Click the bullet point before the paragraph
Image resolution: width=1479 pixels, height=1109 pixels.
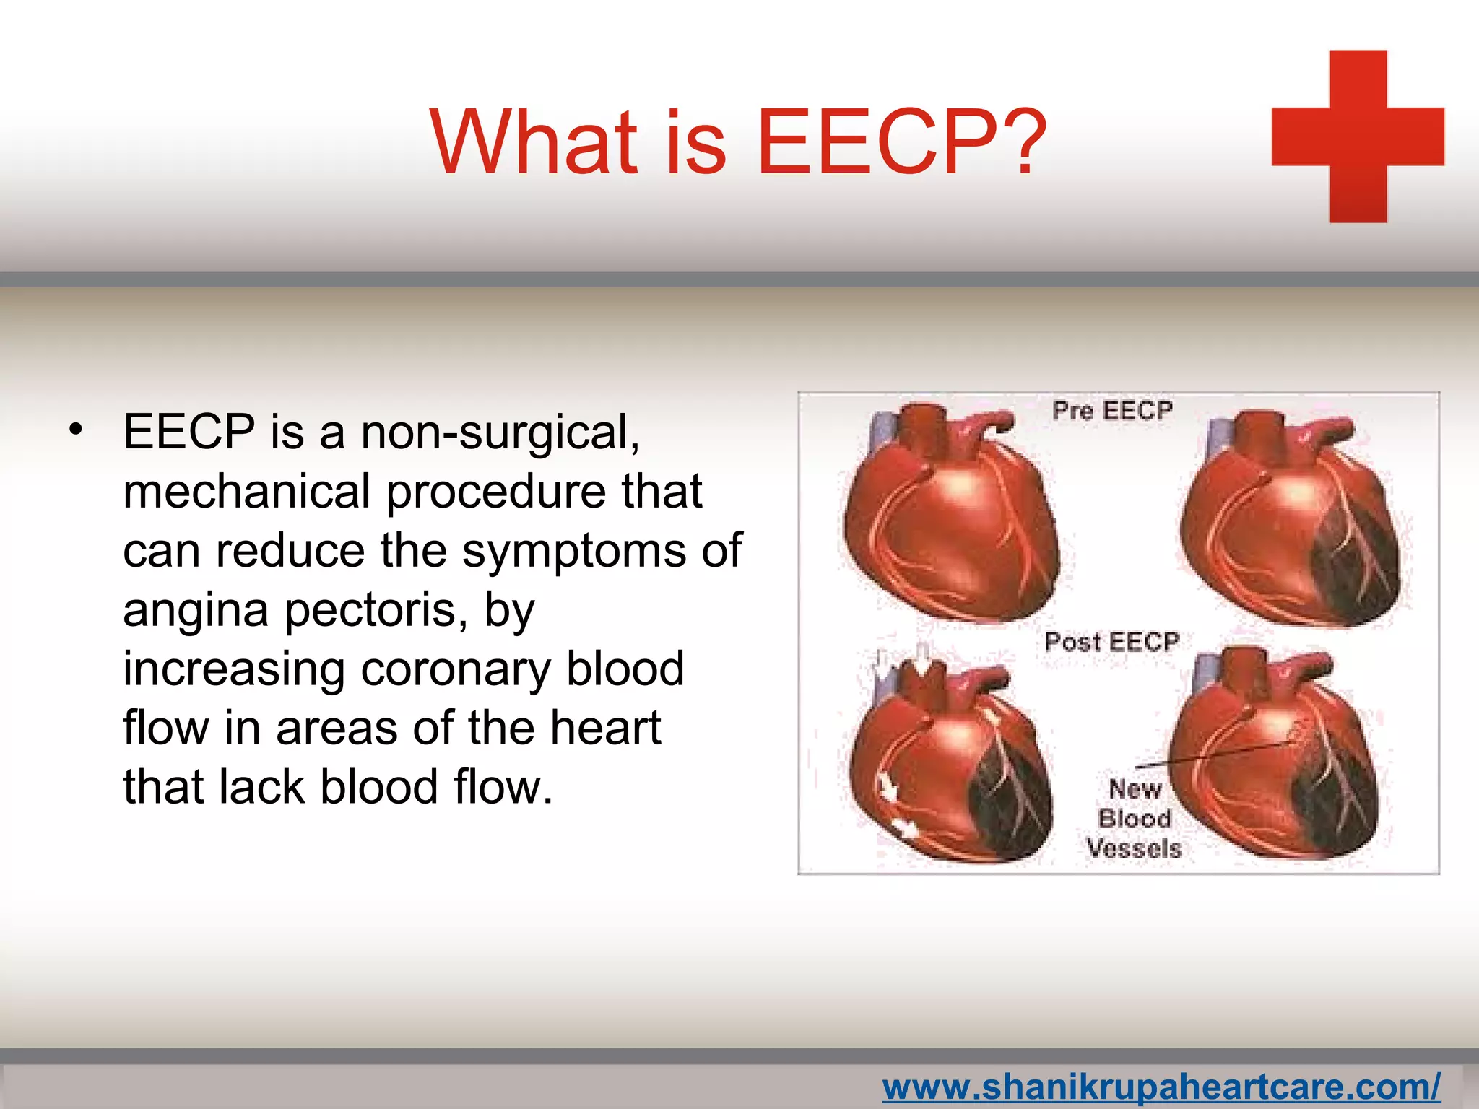pos(76,431)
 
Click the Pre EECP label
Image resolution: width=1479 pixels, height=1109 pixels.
pos(1112,410)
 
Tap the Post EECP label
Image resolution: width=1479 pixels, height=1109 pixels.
pos(1112,641)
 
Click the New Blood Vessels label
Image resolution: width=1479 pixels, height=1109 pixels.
pos(1134,818)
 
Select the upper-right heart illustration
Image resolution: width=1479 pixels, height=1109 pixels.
pos(1293,520)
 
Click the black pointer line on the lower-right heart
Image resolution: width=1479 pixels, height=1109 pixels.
pos(1220,754)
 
